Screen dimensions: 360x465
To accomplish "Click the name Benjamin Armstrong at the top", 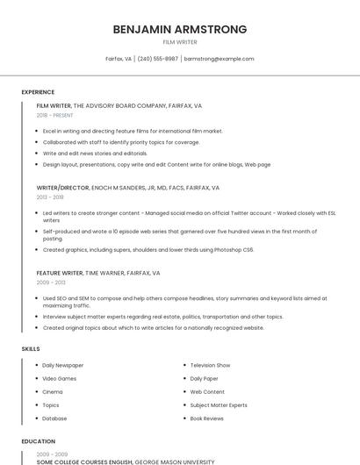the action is tap(180, 29).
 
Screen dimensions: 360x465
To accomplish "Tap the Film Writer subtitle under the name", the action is tap(180, 42).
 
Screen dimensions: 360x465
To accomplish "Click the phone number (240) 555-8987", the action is tap(158, 59).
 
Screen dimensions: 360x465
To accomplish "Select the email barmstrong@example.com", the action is tap(219, 59).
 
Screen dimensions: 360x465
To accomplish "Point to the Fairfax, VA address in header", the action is tap(119, 59).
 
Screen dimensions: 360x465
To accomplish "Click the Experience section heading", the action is tap(38, 92).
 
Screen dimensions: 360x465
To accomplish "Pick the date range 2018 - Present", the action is tap(54, 115).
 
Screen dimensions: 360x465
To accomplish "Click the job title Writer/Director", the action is tap(61, 188).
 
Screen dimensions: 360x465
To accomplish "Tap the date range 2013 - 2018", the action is tap(50, 197).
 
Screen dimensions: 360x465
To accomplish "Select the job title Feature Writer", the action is tap(60, 273).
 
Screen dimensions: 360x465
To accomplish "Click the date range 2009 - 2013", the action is tap(50, 283).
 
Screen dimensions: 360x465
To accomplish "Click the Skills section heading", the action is tap(31, 349).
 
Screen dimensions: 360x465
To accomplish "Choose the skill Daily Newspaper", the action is tap(63, 365).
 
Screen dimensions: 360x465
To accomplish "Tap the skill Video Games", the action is tap(60, 378).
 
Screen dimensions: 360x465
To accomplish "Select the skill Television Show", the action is tap(210, 365).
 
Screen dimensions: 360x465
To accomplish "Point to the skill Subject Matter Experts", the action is tap(219, 405).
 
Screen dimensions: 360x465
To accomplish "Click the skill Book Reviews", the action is tap(207, 418).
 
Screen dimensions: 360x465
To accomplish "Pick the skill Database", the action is tap(54, 418).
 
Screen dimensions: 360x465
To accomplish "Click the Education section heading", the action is tap(38, 441).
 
